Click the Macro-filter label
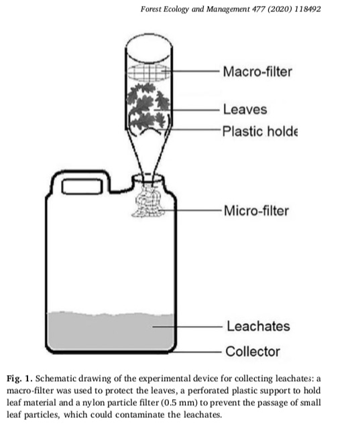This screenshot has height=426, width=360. pyautogui.click(x=257, y=72)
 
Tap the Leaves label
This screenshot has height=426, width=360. pyautogui.click(x=245, y=109)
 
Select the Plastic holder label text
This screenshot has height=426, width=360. pyautogui.click(x=260, y=131)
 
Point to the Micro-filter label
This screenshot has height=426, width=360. pyautogui.click(x=256, y=211)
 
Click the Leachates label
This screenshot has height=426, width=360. pyautogui.click(x=258, y=326)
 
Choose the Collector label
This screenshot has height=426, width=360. pyautogui.click(x=253, y=351)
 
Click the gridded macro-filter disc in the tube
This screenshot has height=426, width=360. pyautogui.click(x=149, y=72)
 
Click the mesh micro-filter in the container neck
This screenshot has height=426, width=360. pyautogui.click(x=148, y=200)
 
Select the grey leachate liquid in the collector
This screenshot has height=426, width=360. pyautogui.click(x=110, y=331)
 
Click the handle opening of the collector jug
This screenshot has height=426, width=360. pyautogui.click(x=82, y=186)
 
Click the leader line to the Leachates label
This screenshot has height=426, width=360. pyautogui.click(x=188, y=327)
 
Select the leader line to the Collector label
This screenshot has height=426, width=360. pyautogui.click(x=196, y=352)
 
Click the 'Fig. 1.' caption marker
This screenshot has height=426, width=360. pyautogui.click(x=19, y=378)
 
